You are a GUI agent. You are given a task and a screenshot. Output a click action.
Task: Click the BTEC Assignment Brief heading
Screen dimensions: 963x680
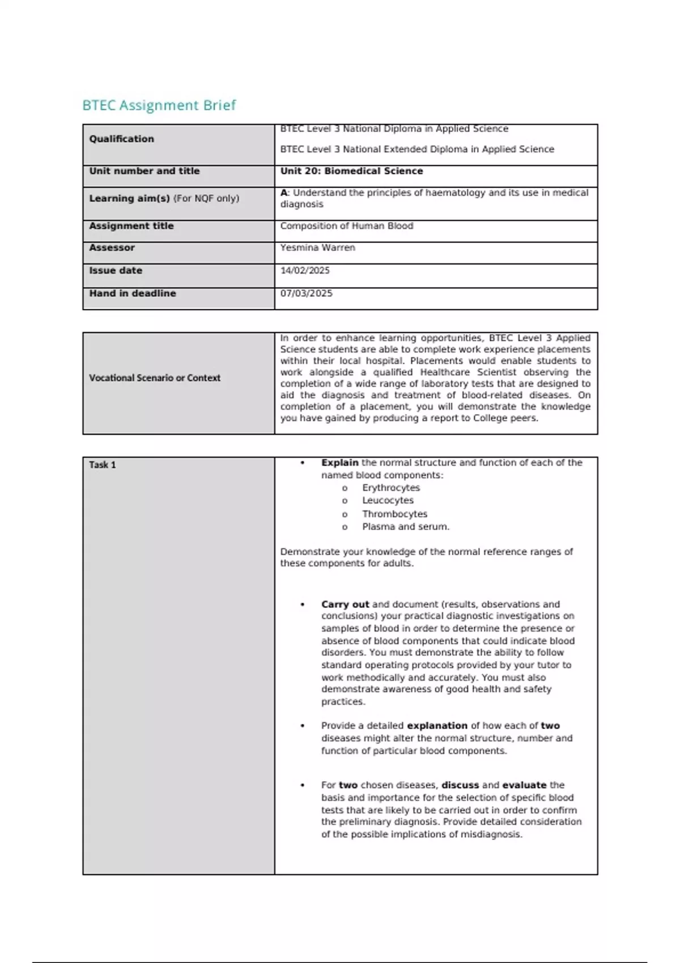pos(159,105)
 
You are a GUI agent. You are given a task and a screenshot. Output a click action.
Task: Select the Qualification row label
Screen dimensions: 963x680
pos(121,139)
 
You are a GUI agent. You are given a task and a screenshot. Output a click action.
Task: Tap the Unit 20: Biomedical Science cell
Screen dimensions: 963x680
pos(351,171)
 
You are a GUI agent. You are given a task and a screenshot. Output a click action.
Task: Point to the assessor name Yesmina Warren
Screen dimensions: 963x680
pos(317,248)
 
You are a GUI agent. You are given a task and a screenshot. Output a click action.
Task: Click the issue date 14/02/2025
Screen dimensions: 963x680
pos(305,271)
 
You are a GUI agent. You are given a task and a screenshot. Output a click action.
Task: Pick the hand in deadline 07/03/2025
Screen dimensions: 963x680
pos(306,293)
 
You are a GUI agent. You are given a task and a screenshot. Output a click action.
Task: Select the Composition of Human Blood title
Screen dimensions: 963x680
pos(346,226)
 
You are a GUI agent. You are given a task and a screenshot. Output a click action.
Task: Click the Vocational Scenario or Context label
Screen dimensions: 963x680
pos(154,378)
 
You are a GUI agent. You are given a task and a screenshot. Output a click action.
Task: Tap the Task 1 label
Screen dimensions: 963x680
pos(102,465)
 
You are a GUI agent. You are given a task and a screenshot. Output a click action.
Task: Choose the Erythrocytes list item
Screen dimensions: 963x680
pos(391,488)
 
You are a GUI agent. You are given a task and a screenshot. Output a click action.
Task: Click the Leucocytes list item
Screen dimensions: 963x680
pos(388,501)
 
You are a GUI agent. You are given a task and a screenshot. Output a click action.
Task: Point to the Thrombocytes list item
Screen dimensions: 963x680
pos(394,514)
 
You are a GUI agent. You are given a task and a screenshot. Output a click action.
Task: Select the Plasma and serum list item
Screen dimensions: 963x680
pos(406,527)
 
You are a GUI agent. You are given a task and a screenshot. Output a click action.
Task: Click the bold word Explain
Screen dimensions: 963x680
pos(339,463)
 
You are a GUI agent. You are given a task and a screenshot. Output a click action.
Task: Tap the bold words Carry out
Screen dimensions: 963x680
pos(345,604)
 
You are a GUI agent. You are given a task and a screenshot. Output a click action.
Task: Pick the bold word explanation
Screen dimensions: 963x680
pos(437,726)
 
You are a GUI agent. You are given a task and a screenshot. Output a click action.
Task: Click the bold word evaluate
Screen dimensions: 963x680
pos(524,785)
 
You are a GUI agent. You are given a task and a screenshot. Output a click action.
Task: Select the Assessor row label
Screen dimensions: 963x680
pos(112,248)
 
